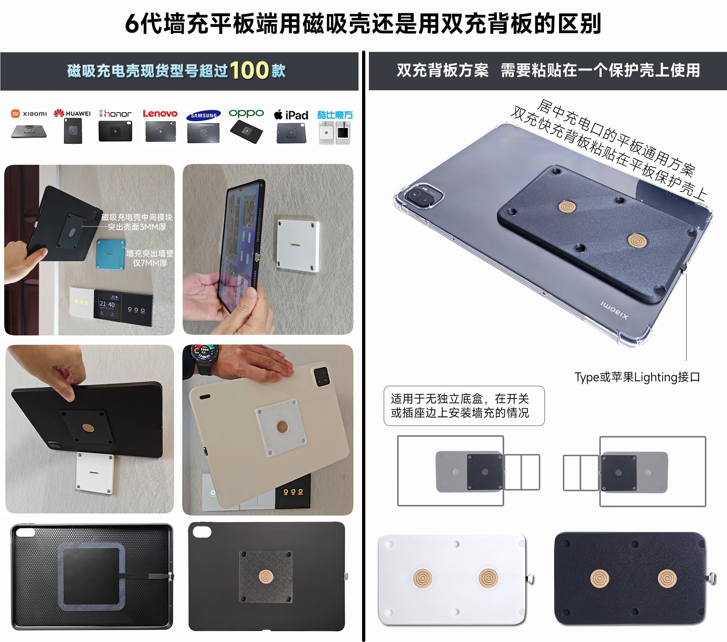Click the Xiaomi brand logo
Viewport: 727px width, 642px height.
29,114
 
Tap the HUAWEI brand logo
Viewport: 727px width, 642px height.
72,113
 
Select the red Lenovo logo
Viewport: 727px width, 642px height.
160,114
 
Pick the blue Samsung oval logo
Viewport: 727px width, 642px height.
203,115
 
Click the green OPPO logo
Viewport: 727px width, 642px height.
246,114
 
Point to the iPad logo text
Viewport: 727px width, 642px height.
291,115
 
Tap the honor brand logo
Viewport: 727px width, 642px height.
116,114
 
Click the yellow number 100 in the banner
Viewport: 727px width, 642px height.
249,70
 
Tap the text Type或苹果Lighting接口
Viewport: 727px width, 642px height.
637,377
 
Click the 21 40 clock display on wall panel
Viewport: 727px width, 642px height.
107,304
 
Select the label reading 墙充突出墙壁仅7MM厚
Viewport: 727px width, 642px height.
150,258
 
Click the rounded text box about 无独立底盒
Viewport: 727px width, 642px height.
464,406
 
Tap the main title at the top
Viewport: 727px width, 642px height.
363,24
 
